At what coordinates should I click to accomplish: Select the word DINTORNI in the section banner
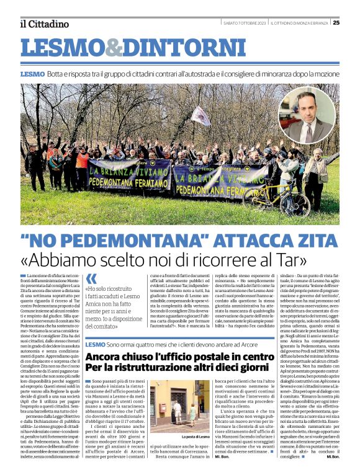pyautogui.click(x=171, y=48)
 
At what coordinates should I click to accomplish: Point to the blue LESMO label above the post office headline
pyautogui.click(x=95, y=344)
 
